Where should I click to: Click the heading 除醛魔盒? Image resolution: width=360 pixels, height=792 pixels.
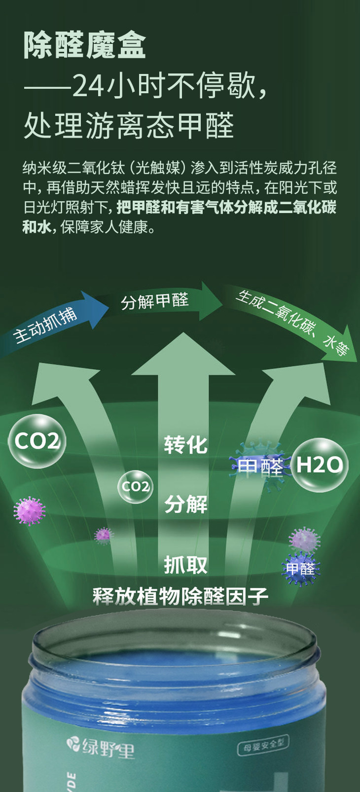(x=84, y=46)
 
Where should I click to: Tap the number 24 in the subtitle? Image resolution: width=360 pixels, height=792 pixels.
(x=88, y=86)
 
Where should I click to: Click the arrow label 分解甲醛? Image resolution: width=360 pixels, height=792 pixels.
(x=155, y=301)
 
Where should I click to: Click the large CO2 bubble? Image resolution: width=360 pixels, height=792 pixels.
(x=37, y=441)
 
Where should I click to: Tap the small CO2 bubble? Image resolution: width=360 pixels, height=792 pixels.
(x=135, y=487)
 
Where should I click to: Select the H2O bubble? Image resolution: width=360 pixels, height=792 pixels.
(x=319, y=465)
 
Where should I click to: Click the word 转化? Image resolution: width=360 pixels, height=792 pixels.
(x=185, y=445)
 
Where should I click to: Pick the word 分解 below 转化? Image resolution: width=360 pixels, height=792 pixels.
(x=185, y=504)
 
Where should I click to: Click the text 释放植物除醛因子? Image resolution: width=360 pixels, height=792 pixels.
(x=180, y=597)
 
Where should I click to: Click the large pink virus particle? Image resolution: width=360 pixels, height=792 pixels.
(x=29, y=510)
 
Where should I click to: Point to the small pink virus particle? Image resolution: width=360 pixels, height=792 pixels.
(x=104, y=535)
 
